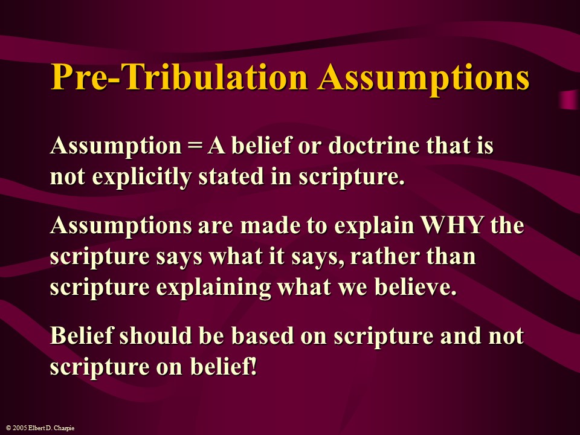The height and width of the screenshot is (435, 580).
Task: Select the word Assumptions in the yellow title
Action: (x=424, y=77)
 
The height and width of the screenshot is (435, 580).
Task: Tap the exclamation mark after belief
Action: (x=253, y=367)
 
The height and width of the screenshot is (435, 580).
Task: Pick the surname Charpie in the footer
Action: (x=63, y=428)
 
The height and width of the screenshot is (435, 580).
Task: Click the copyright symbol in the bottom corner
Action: (x=5, y=428)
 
